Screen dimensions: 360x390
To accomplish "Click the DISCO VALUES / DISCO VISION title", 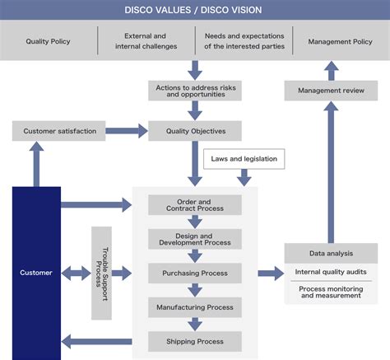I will tap(195, 11).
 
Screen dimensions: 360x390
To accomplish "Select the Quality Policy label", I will tap(49, 41).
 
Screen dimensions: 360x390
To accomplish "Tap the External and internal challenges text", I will tap(145, 41).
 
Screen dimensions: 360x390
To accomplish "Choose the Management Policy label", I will tap(340, 41).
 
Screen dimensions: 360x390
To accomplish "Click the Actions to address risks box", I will tap(195, 90).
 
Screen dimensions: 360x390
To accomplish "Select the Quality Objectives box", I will tap(195, 131).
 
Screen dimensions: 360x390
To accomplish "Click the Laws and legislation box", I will tap(244, 158).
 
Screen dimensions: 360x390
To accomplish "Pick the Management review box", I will tap(331, 90).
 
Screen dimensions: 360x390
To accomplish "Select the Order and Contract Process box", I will tap(195, 205).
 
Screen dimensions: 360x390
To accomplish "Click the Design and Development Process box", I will tap(195, 239).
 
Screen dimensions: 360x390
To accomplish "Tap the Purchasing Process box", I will tap(195, 273).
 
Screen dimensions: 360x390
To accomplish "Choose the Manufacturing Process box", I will tap(195, 307).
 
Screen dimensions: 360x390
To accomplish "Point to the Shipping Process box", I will tap(195, 341).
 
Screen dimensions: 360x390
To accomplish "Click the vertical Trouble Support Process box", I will tap(101, 273).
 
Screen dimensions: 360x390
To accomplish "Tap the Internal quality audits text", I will tap(331, 272).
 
